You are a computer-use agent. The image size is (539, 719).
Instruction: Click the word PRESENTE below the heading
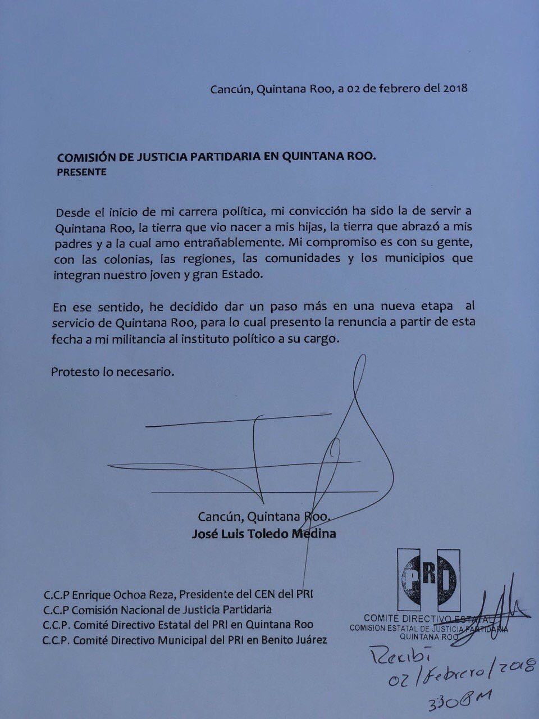[81, 172]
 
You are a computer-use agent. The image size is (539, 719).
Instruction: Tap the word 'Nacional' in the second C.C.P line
[138, 608]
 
